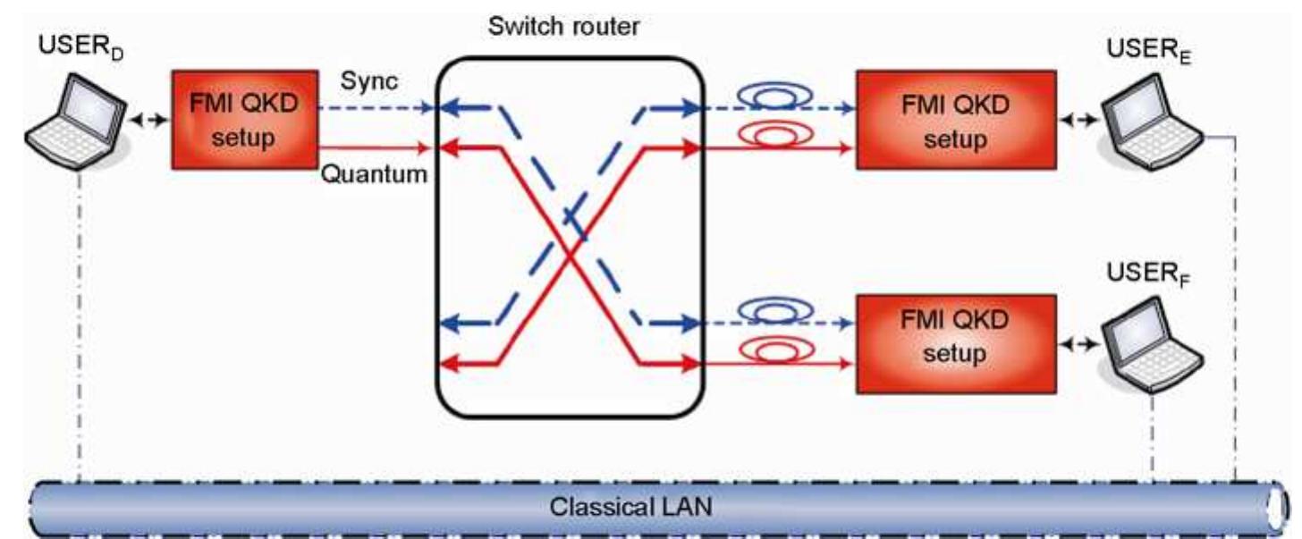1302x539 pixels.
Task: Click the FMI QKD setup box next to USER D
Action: tap(244, 119)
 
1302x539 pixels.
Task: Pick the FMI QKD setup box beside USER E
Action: tap(955, 119)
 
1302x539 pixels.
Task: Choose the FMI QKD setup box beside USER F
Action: tap(955, 342)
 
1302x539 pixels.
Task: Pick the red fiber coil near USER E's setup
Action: tap(775, 135)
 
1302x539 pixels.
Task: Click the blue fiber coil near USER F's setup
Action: tap(775, 308)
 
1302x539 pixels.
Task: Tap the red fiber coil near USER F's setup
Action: tap(775, 348)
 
